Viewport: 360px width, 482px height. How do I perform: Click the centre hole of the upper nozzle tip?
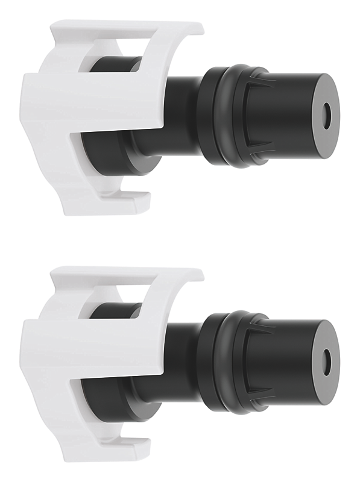pos(327,115)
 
